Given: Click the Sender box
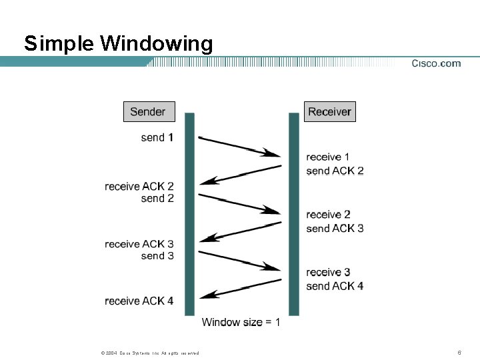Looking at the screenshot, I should tap(149, 111).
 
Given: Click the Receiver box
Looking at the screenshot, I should tap(329, 111).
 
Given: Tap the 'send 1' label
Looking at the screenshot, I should tap(157, 137).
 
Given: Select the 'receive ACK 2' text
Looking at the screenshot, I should tap(139, 186).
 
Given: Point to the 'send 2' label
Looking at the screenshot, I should tap(157, 198).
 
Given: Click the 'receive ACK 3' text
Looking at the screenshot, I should tap(139, 244).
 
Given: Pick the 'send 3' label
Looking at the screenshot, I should tap(157, 256).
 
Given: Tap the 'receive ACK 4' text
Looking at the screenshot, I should tap(139, 301).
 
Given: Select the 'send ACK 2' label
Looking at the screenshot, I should tap(335, 171).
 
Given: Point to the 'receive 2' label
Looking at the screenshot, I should tap(328, 214).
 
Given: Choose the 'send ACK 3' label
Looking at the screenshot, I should tap(335, 228).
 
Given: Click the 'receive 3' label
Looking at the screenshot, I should tap(328, 272).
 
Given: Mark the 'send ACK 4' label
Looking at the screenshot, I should tap(335, 286).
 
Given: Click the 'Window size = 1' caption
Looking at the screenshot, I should tap(241, 322).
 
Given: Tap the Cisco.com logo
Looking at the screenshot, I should tap(436, 63).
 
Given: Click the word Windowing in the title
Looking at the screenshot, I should tap(157, 43).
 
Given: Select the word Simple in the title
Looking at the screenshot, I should tap(59, 43).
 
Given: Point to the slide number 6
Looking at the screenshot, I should tap(459, 352).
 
